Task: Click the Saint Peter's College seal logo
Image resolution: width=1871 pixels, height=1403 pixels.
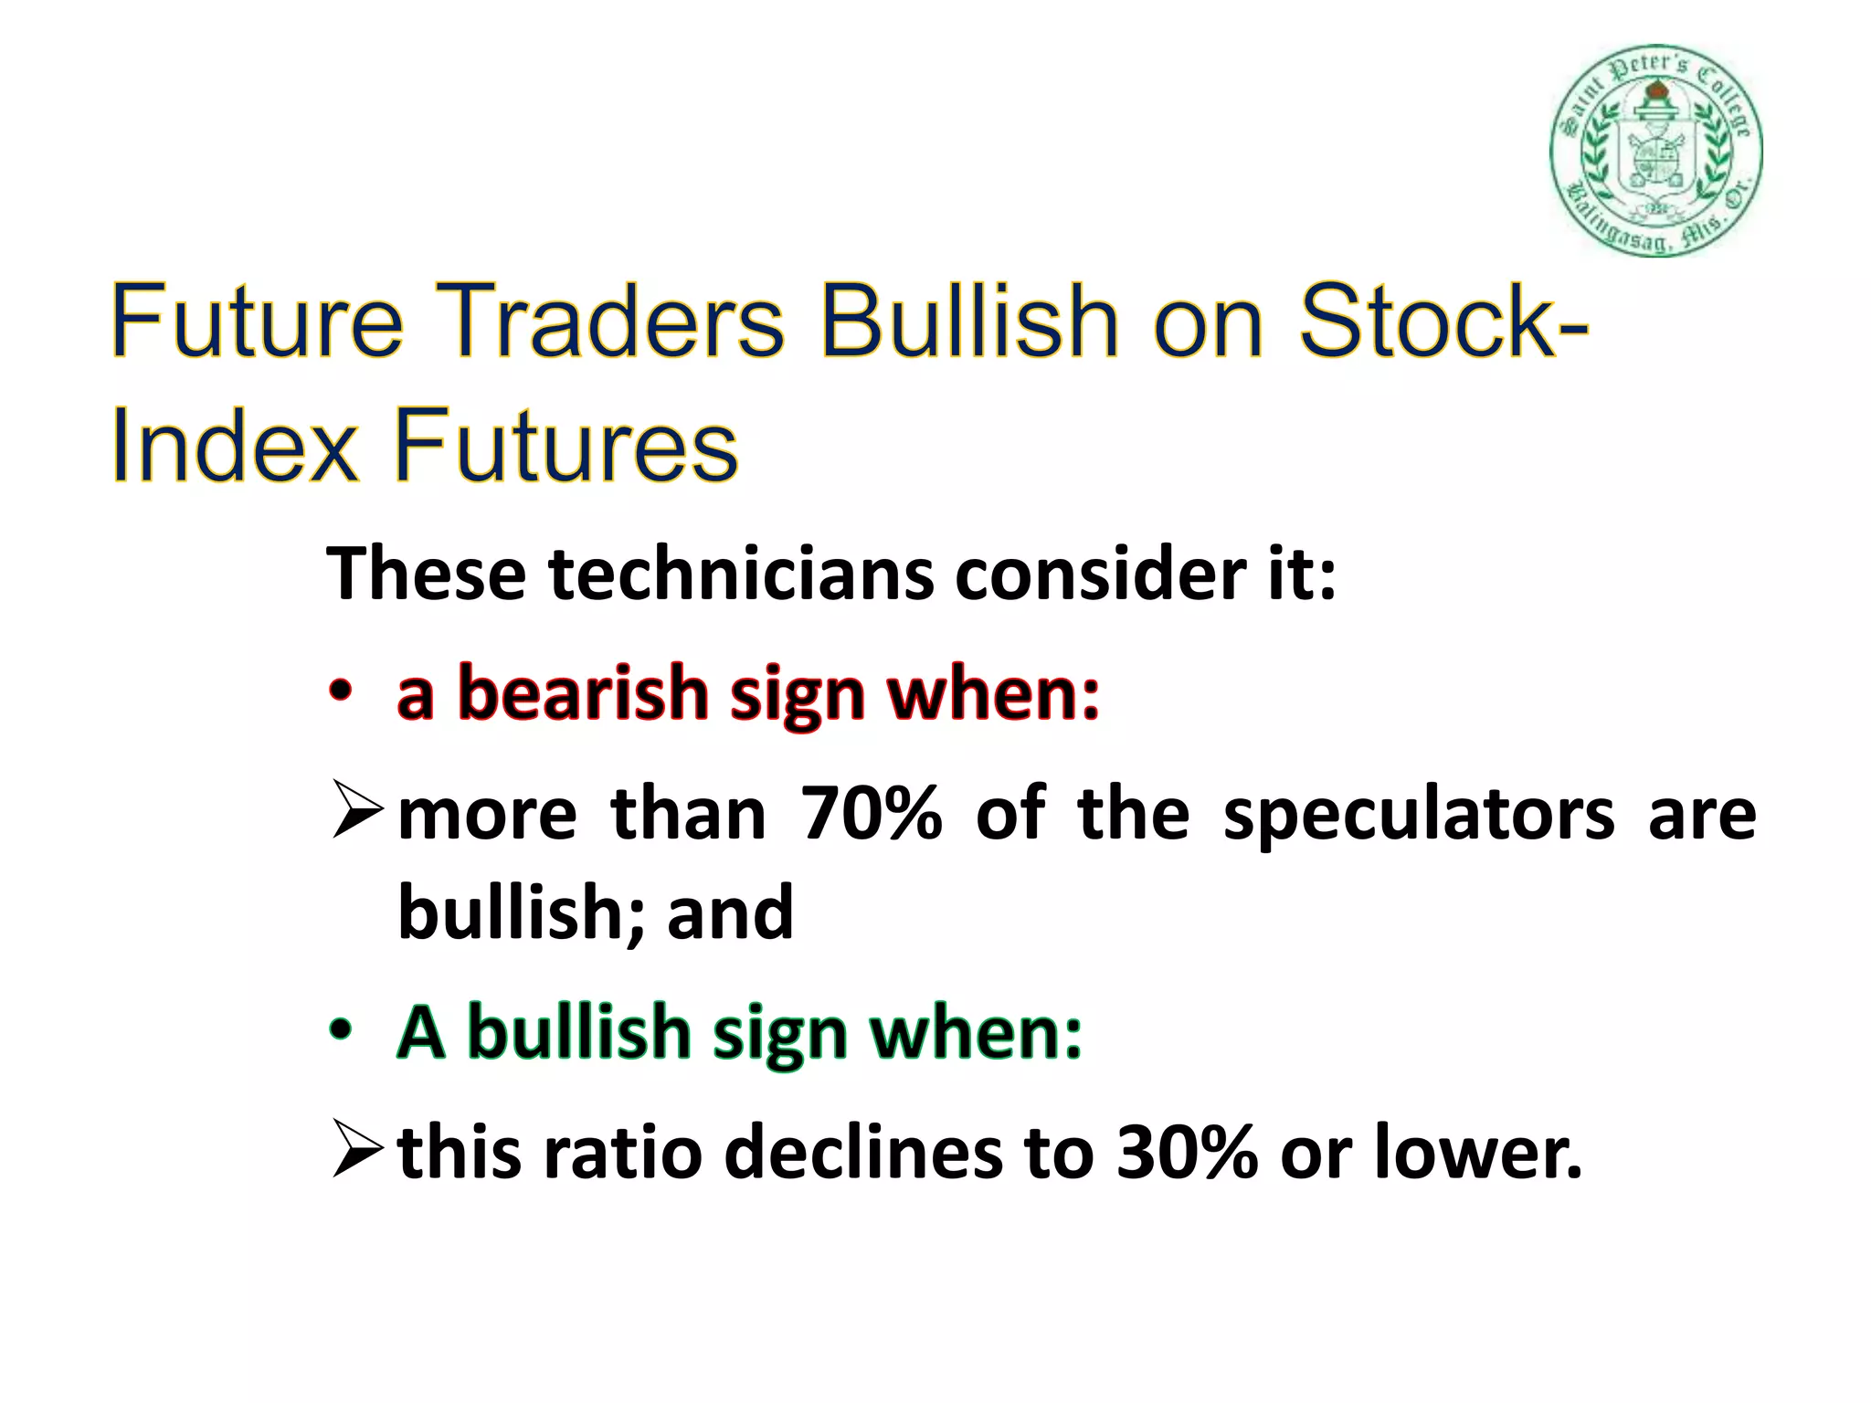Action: pyautogui.click(x=1655, y=151)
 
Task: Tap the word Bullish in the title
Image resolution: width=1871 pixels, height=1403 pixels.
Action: pyautogui.click(x=969, y=322)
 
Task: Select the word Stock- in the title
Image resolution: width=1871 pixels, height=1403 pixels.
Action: pyautogui.click(x=1444, y=322)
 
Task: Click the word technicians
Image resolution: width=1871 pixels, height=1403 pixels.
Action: pyautogui.click(x=741, y=575)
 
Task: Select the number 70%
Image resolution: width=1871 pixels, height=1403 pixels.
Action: pyautogui.click(x=870, y=813)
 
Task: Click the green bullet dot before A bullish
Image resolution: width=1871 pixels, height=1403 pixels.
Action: pyautogui.click(x=340, y=1030)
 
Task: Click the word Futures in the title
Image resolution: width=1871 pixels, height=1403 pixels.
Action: pyautogui.click(x=566, y=448)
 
